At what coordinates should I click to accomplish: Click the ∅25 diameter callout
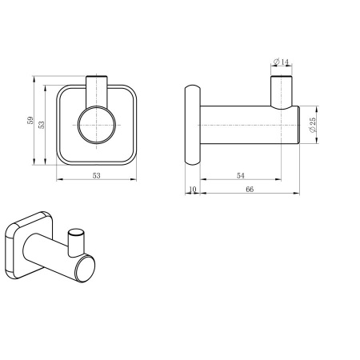tap(314, 126)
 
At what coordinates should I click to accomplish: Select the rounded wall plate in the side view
tap(192, 125)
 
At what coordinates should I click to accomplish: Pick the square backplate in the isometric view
tap(23, 244)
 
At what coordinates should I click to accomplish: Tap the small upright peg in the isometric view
tap(76, 240)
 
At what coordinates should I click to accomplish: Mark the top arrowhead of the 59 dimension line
tap(34, 79)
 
